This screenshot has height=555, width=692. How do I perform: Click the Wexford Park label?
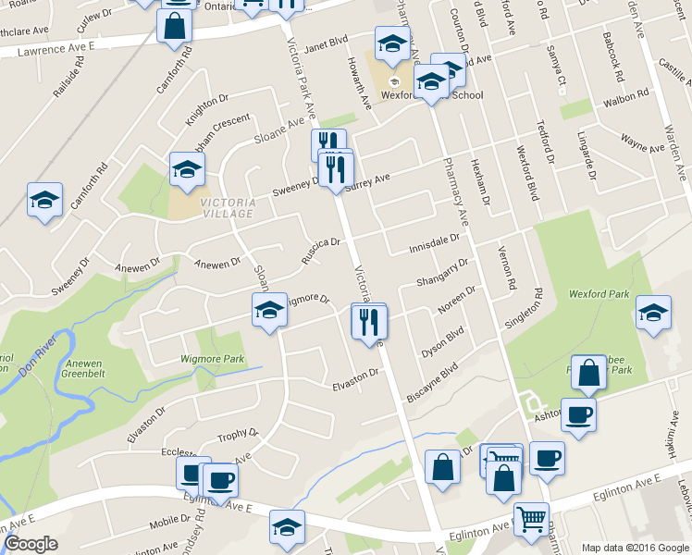tap(599, 294)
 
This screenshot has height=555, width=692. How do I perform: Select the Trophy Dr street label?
tap(237, 435)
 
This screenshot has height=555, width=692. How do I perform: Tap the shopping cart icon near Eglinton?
tap(530, 519)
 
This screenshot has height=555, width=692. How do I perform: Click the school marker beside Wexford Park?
tap(652, 312)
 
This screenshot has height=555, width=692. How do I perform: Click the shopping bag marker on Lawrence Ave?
tap(175, 25)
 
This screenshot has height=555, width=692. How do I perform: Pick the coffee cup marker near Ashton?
tap(577, 413)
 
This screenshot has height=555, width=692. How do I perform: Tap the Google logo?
tap(31, 544)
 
